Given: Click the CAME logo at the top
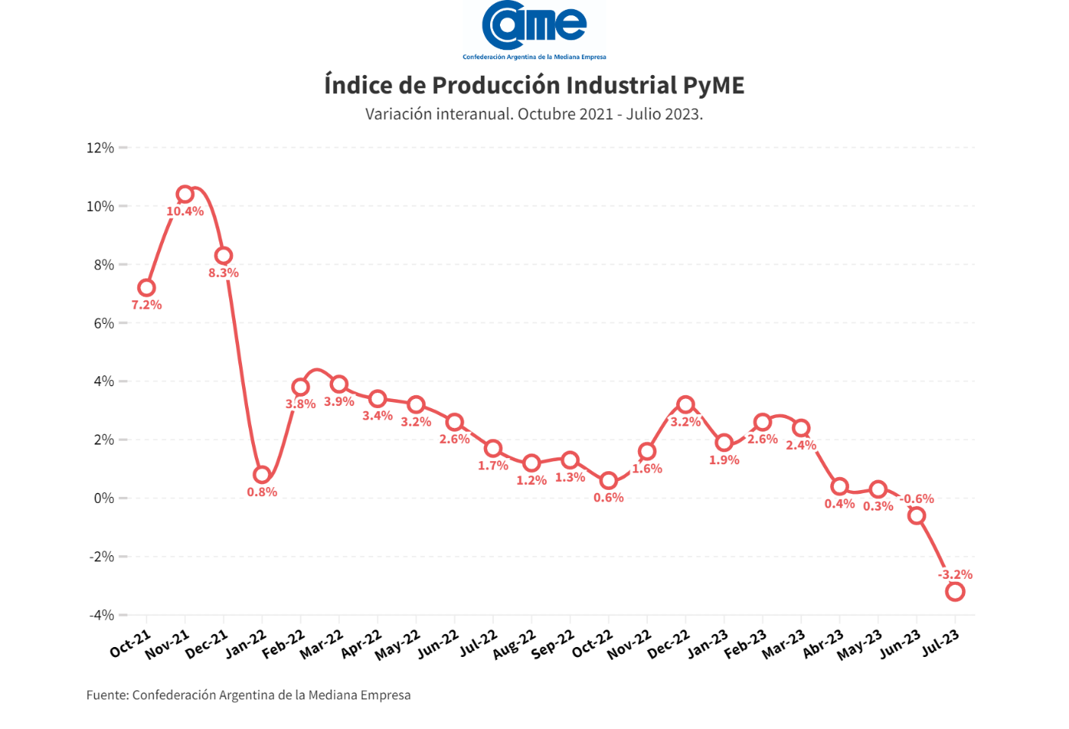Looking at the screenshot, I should pos(534,29).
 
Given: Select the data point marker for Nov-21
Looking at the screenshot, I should pos(185,194).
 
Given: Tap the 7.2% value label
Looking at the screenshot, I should pos(146,305).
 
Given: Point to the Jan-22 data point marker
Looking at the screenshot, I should pos(262,475).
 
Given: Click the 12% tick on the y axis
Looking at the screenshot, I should pos(100,148).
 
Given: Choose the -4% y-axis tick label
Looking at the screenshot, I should pos(102,615).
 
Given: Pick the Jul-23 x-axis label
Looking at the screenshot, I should pos(942,644).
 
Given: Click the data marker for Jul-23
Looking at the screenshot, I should pos(955,592).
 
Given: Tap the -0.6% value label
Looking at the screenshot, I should pos(917,499).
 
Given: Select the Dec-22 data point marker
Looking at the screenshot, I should pos(686,404).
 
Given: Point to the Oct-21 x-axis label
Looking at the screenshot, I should pos(130,645).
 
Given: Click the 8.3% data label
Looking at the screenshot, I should pos(224,273).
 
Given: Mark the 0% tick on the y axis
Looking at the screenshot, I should pos(103,498).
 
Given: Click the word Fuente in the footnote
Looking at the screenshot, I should pos(107,695).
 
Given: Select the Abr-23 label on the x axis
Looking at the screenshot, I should pos(824,645).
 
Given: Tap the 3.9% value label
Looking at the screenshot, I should pos(339,402).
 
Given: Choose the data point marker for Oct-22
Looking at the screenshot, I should pos(608,481).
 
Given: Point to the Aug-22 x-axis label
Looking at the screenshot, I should pos(514,646).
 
